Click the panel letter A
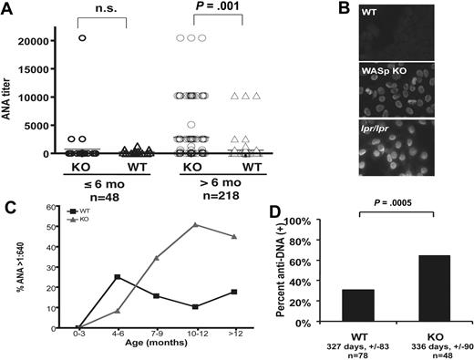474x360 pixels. pyautogui.click(x=8, y=8)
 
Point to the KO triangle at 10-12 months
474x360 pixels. pyautogui.click(x=194, y=224)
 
